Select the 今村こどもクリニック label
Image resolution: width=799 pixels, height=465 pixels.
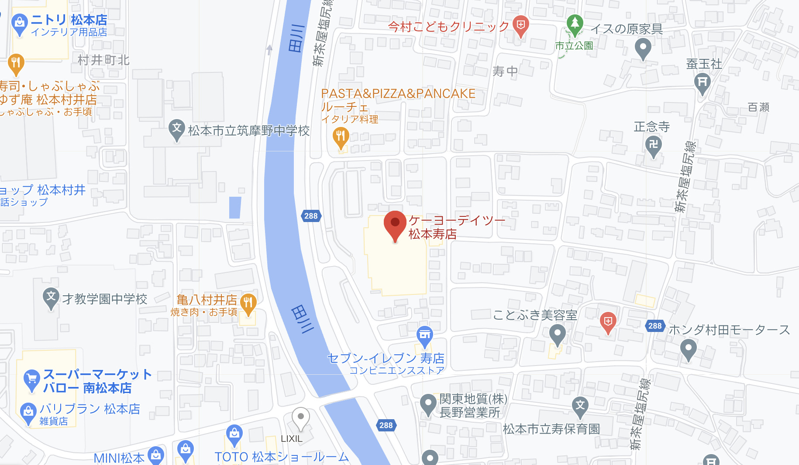pos(448,27)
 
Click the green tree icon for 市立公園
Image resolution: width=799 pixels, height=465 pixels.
pos(575,24)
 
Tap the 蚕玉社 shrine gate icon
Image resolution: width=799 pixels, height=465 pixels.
pos(702,82)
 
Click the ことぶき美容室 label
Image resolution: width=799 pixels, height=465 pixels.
pos(535,315)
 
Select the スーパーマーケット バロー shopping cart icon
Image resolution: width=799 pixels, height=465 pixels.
pos(31,380)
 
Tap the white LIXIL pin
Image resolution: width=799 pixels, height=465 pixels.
pos(300,417)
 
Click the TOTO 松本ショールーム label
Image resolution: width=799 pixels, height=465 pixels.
pos(282,457)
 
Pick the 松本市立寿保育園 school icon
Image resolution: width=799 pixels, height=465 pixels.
pos(580,406)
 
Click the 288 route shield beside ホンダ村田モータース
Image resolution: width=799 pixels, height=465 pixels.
pos(655,326)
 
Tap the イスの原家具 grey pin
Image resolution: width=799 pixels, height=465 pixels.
pos(643,48)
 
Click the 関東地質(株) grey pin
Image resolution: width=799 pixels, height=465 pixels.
pos(428,404)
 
